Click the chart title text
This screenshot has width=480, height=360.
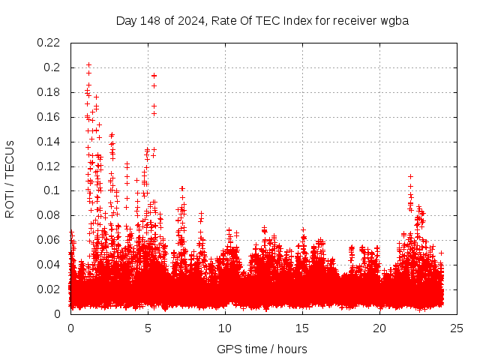[x=262, y=20]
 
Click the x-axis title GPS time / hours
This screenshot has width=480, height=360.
[x=262, y=349]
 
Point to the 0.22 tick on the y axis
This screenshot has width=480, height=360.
[x=50, y=43]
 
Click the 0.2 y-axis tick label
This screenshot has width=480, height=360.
[x=53, y=67]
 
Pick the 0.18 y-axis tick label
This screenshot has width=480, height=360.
[x=50, y=92]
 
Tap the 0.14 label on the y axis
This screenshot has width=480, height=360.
[x=50, y=142]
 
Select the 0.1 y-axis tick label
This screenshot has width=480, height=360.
[x=53, y=190]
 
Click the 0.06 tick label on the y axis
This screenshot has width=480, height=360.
[x=50, y=240]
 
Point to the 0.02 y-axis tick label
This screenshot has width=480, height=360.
[x=50, y=289]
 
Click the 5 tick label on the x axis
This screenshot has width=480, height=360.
[x=148, y=328]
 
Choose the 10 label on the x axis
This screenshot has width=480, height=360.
[x=225, y=328]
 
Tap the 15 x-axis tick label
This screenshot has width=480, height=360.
[x=302, y=328]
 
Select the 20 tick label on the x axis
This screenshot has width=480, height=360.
[x=379, y=328]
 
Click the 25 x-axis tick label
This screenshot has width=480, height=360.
[x=457, y=328]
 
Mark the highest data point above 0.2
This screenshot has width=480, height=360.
[x=88, y=65]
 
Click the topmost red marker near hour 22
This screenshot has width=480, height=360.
[x=410, y=177]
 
